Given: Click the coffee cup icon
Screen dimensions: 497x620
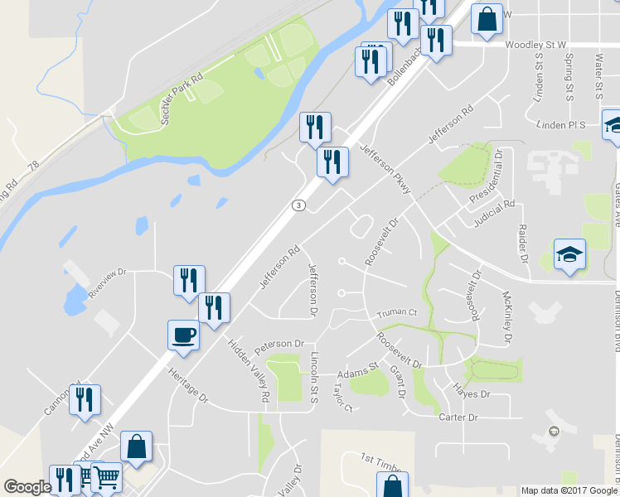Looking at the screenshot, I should [183, 335].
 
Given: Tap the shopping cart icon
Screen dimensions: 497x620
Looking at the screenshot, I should [107, 477].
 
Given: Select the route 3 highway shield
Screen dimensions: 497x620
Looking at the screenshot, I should [298, 205].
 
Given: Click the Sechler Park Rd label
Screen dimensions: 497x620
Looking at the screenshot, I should [182, 104].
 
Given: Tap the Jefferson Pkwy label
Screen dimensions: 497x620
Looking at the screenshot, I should [385, 170].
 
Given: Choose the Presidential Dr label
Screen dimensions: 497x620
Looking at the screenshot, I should [487, 178].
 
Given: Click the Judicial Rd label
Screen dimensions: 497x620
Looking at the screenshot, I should [495, 214].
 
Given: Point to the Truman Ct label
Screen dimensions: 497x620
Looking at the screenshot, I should [396, 313].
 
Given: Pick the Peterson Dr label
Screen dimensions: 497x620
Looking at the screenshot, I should [279, 344].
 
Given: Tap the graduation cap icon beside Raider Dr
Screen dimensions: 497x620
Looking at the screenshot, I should [569, 254].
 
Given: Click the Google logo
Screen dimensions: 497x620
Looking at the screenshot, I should [27, 487].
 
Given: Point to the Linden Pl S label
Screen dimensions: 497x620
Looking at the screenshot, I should [561, 125].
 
